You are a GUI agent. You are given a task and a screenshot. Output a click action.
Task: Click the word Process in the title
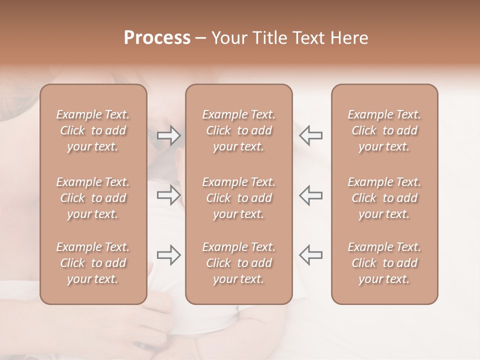[x=157, y=38]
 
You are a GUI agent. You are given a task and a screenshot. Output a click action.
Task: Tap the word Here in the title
[x=350, y=38]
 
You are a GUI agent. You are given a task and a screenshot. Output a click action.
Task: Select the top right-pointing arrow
[x=169, y=135]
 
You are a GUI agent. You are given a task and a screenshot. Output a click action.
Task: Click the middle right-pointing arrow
[x=169, y=194]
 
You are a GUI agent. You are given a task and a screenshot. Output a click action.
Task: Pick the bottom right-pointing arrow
[x=169, y=255]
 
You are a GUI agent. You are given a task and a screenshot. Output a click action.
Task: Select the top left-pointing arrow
[x=311, y=135]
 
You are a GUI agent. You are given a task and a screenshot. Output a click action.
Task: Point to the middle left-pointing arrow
[x=311, y=194]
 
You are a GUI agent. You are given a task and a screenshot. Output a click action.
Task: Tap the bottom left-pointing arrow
[x=311, y=255]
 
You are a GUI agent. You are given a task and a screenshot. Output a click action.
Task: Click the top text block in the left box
[x=93, y=130]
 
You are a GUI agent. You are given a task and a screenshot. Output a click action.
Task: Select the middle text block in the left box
[x=93, y=198]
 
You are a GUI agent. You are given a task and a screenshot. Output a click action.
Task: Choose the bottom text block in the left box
[x=93, y=263]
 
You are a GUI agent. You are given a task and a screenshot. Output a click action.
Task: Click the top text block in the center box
[x=239, y=130]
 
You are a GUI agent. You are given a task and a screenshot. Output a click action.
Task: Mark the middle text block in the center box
[x=239, y=198]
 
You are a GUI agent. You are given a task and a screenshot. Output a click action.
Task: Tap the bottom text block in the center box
[x=239, y=263]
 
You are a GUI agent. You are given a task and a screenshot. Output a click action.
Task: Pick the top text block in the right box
[x=384, y=130]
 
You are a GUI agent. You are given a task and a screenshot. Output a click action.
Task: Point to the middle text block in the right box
[x=384, y=198]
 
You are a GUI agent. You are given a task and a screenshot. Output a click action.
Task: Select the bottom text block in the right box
[x=384, y=263]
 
